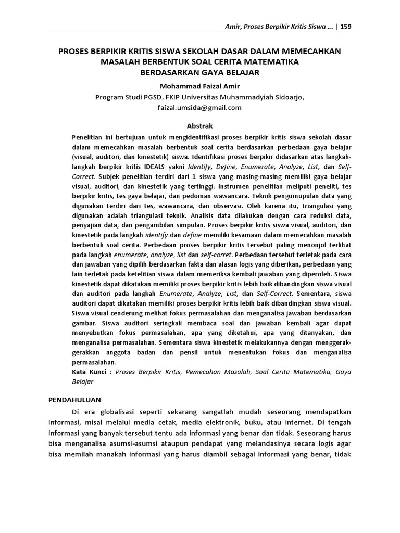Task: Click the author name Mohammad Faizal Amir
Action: click(x=199, y=86)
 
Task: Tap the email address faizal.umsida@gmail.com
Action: click(x=199, y=108)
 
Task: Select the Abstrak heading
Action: click(x=199, y=126)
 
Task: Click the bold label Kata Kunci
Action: click(x=91, y=372)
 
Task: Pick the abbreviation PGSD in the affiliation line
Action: click(x=154, y=97)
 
